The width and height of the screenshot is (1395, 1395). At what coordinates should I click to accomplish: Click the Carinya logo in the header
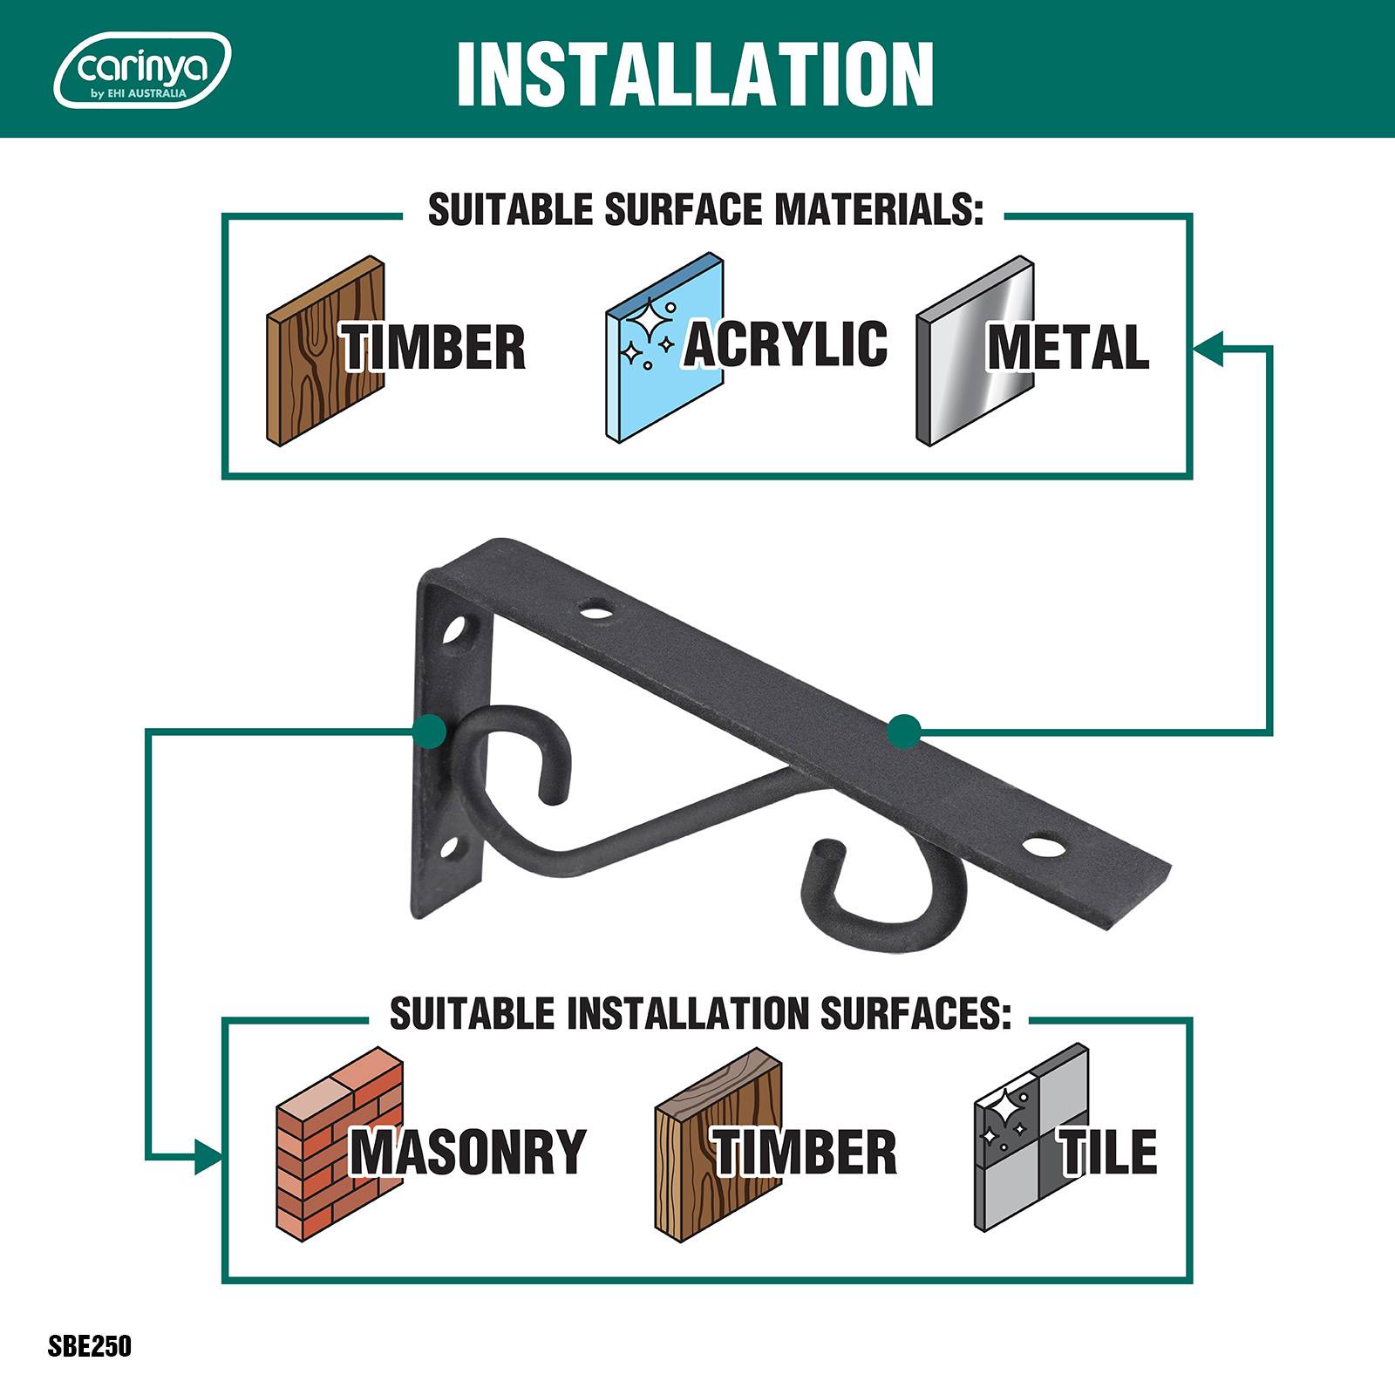(142, 70)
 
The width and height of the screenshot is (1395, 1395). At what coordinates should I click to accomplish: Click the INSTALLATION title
(695, 73)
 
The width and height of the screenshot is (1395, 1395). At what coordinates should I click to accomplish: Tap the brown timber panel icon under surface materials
(325, 351)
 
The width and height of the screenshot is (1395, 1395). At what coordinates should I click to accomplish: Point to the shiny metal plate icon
(975, 351)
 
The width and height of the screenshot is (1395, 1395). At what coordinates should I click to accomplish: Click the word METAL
(1068, 347)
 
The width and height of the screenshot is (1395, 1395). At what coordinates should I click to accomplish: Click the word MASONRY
(468, 1152)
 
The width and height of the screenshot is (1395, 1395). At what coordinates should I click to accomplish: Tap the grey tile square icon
(1031, 1138)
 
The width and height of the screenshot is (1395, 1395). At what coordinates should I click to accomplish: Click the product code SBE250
(90, 1345)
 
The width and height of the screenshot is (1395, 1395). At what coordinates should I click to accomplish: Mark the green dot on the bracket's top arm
(905, 732)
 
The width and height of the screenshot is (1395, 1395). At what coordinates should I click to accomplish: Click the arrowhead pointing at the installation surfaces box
(208, 1157)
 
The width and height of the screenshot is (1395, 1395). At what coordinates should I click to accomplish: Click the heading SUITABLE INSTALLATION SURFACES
(700, 1014)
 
